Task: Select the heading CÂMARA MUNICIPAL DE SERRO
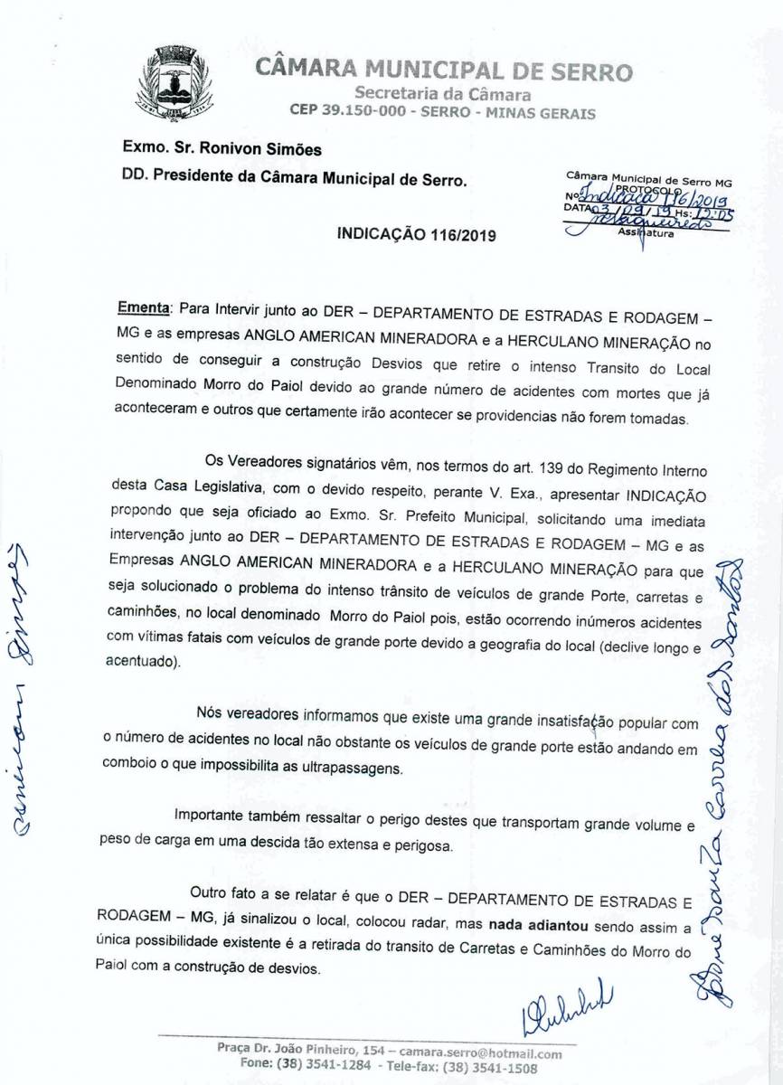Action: (x=443, y=71)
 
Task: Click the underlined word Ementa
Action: (x=143, y=307)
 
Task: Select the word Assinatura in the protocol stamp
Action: (x=647, y=232)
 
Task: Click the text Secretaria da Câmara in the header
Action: (x=443, y=94)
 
